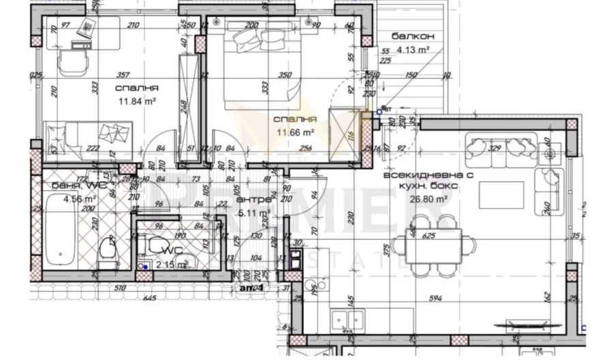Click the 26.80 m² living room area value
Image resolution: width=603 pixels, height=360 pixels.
[428, 200]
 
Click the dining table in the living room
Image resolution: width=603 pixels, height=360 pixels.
[436, 243]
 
